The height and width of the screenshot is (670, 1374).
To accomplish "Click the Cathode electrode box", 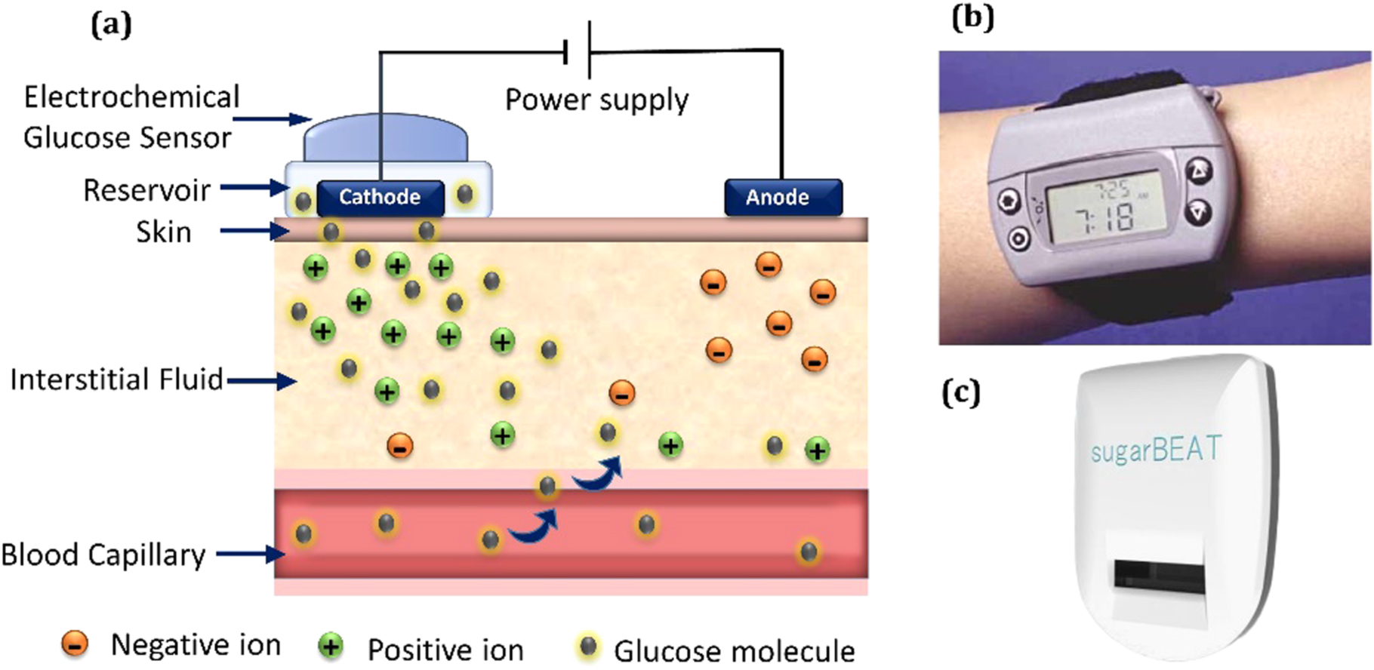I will tap(380, 198).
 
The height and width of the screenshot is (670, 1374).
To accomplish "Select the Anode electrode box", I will tap(783, 198).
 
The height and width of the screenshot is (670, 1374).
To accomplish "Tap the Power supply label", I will tap(596, 100).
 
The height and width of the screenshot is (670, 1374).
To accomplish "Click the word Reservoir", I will tap(146, 191).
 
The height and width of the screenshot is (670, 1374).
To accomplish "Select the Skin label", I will tap(164, 232).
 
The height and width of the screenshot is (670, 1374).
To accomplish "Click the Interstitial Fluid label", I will tap(117, 380).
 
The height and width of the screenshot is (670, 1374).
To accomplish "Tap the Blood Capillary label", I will tap(103, 555).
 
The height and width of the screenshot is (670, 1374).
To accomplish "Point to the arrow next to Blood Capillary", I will tap(250, 555).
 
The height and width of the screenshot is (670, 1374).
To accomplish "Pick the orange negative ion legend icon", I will tap(75, 644).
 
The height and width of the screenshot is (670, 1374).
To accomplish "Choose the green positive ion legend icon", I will tap(331, 647).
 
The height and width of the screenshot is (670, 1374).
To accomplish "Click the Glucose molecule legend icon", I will tap(588, 647).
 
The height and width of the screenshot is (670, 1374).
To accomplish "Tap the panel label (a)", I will tap(111, 24).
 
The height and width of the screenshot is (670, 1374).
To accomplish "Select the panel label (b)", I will tap(973, 17).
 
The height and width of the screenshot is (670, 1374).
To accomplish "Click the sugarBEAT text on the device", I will tap(1156, 450).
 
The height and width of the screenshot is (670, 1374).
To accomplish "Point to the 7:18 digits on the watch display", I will tap(1104, 219).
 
